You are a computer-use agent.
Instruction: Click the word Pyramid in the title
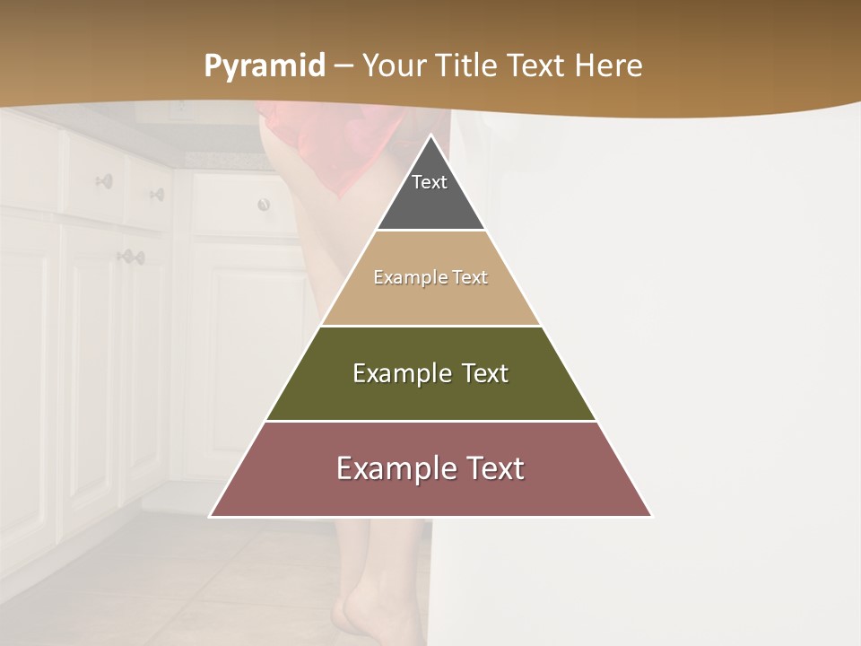(264, 66)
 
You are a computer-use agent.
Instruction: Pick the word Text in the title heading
(538, 66)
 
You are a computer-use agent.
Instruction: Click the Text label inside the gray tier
(430, 182)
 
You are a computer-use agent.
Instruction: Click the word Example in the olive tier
(402, 373)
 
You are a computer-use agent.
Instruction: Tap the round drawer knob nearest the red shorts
(264, 205)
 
